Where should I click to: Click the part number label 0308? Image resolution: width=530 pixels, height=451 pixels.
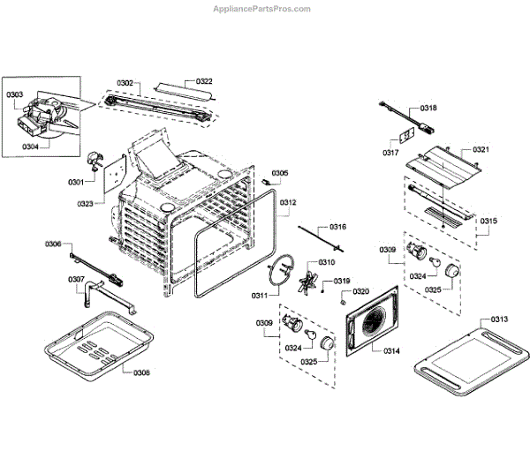141,372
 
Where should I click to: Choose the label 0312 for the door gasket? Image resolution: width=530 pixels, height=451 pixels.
288,203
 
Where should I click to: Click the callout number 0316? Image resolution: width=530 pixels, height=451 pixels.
338,227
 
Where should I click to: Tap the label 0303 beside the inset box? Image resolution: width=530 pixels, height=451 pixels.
15,94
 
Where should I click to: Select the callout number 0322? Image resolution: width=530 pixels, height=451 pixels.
204,81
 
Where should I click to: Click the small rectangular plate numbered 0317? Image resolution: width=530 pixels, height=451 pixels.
404,139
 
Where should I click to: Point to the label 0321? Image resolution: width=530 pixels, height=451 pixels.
481,149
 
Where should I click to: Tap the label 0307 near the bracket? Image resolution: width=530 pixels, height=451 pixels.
77,280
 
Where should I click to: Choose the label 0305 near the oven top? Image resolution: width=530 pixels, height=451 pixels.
279,173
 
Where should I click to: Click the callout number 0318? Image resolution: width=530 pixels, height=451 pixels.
428,108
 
